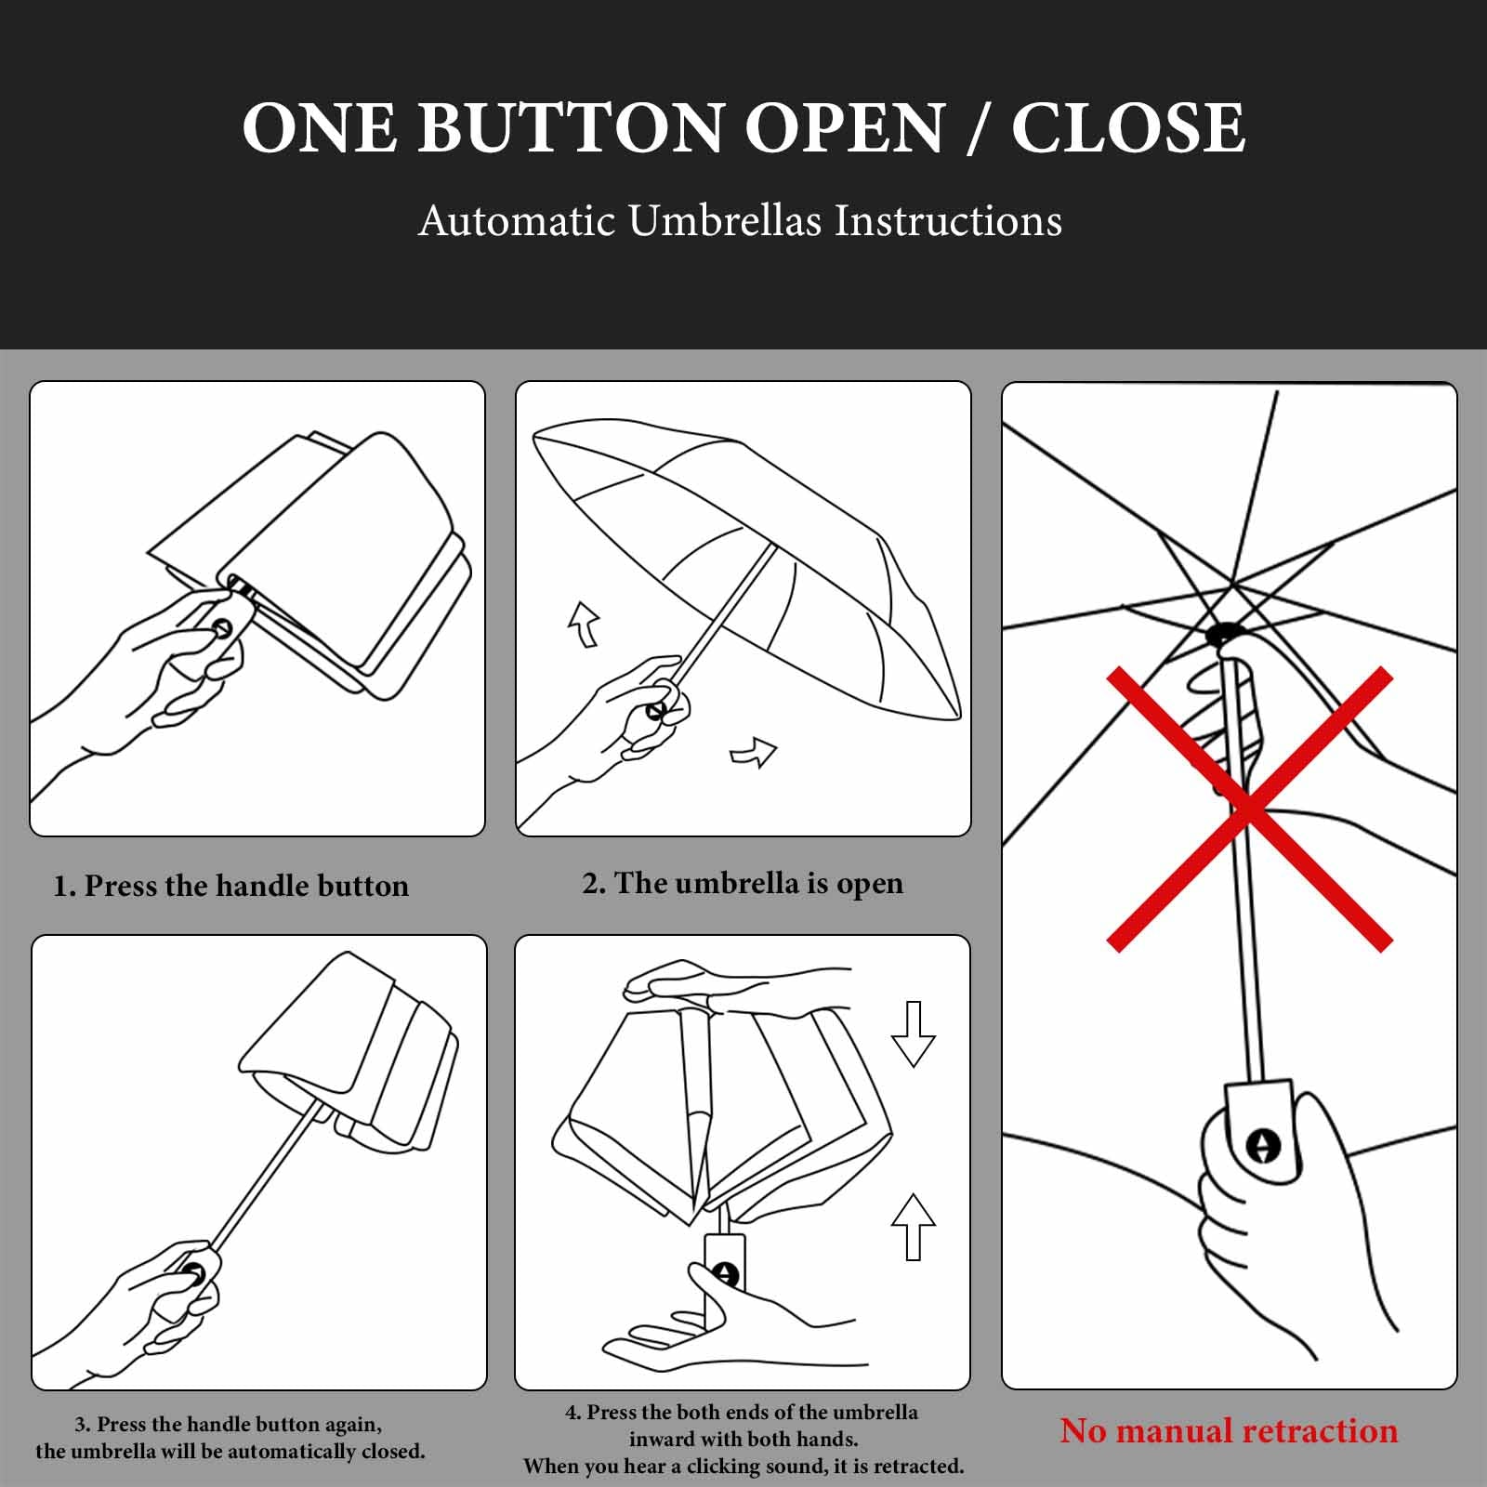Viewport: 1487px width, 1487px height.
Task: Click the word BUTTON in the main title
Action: [571, 127]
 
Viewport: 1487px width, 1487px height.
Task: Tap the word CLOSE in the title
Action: [1128, 127]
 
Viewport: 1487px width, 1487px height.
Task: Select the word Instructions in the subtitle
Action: [947, 221]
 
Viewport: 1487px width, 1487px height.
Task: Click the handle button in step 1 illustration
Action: [222, 628]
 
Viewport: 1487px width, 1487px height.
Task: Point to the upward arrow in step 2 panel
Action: [585, 624]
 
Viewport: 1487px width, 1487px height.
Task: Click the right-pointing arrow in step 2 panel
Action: [754, 752]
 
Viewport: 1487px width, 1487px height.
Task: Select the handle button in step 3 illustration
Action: [193, 1272]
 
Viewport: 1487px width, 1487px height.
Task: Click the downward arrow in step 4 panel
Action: [913, 1033]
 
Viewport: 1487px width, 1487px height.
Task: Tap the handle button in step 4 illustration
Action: [725, 1274]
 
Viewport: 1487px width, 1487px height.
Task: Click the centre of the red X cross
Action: [1249, 809]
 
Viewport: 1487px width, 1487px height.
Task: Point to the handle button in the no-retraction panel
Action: [1262, 1145]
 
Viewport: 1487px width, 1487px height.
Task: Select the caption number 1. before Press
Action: [64, 886]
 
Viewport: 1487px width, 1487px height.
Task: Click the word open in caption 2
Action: [869, 884]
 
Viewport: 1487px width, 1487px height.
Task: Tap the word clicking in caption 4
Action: [729, 1466]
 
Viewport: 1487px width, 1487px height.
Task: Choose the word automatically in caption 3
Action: [294, 1451]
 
